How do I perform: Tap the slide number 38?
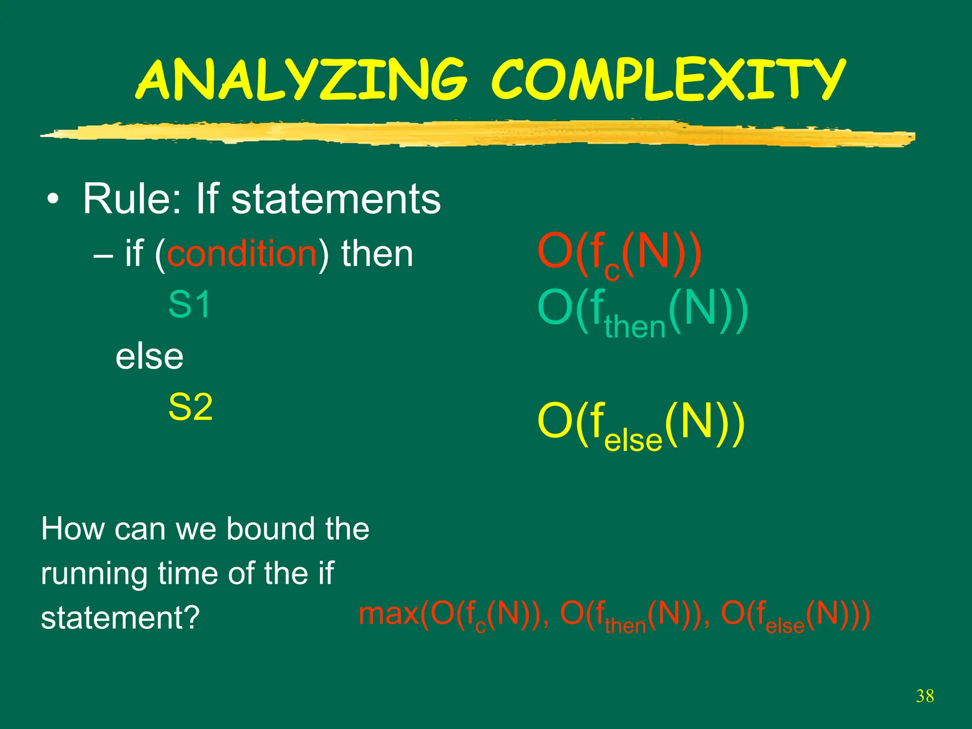point(925,696)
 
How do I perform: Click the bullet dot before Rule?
point(53,200)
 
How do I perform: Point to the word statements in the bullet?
point(336,199)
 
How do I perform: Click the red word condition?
point(242,254)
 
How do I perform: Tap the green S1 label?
point(189,305)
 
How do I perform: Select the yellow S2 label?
point(190,407)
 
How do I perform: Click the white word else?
point(150,357)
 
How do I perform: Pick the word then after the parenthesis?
point(377,254)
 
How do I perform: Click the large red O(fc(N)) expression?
point(619,255)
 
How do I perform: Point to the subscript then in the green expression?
point(635,327)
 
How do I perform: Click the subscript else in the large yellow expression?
point(633,440)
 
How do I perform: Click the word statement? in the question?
point(121,618)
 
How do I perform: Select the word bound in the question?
point(271,529)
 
